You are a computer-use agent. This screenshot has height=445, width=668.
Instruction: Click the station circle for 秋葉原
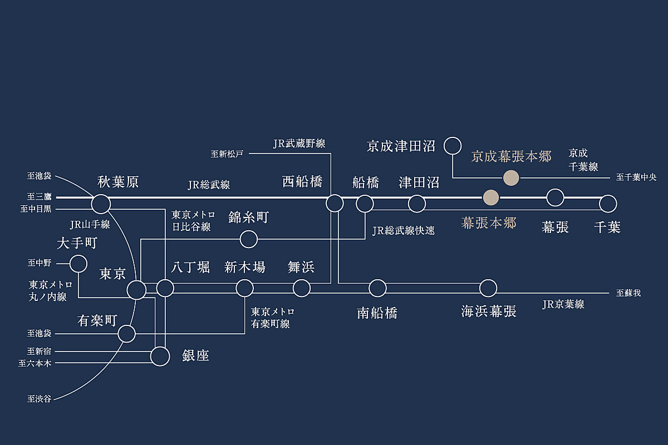coord(101,204)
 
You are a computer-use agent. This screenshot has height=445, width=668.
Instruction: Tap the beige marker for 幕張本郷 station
coord(490,197)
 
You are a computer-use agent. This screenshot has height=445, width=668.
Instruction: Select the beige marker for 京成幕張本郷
coord(510,178)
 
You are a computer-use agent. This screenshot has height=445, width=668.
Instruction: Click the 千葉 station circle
coord(608,204)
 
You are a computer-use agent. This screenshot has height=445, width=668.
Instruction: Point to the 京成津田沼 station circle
coord(453,146)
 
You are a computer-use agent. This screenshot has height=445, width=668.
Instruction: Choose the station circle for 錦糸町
coord(248,239)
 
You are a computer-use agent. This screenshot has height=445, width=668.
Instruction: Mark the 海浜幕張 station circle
coord(488,288)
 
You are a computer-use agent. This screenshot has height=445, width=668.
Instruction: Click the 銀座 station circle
coord(160,356)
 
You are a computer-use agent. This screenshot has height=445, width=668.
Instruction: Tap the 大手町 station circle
coord(78,264)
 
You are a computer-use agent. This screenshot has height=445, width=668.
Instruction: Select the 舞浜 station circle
coord(301,288)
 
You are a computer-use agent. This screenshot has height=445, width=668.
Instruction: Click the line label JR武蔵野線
coord(299,144)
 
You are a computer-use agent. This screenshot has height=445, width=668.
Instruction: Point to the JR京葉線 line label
coord(563,304)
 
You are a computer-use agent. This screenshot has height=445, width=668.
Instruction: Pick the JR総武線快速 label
coord(404,230)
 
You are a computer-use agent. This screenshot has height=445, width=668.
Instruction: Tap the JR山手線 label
coord(90,225)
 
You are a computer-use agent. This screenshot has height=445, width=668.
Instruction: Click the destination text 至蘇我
coord(628,293)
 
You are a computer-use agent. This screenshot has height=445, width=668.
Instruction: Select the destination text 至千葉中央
coord(636,178)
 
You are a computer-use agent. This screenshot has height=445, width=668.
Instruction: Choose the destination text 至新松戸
coord(227,154)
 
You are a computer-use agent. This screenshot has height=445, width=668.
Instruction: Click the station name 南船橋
coord(377,312)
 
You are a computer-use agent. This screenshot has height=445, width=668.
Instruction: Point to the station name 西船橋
coord(302,182)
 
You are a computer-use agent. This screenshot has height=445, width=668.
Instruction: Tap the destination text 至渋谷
coord(39,399)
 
